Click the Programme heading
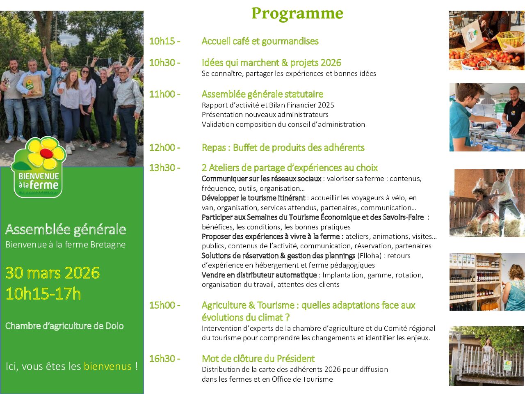point(297,14)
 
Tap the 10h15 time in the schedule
point(162,41)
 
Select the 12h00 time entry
point(162,148)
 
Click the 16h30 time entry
point(162,359)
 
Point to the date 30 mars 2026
point(52,273)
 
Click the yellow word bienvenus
point(107,366)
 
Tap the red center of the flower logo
point(46,153)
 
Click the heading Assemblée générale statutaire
point(262,94)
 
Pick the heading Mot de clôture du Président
point(258,359)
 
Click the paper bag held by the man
point(33,86)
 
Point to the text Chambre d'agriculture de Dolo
point(64,326)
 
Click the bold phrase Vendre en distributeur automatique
point(259,275)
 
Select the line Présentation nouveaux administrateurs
point(265,115)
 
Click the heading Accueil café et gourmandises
point(260,41)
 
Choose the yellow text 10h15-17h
point(43,293)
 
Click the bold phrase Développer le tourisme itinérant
point(253,198)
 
